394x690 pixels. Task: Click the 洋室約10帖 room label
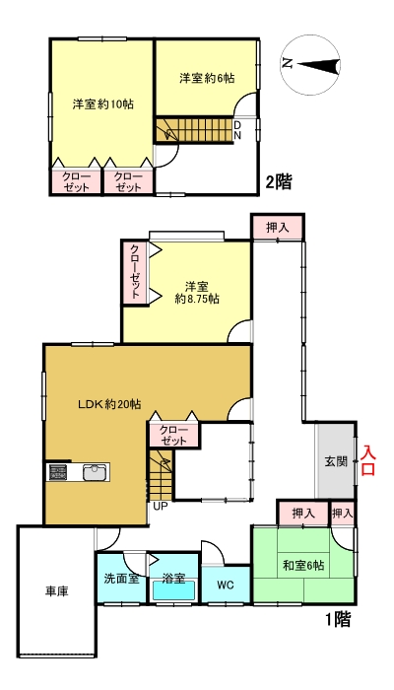(x=101, y=103)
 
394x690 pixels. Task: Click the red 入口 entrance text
(x=368, y=460)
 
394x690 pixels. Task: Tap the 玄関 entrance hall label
(x=335, y=460)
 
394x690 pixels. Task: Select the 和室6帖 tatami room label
(x=301, y=565)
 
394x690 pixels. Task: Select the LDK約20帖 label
(x=109, y=404)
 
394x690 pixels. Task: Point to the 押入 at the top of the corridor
(x=278, y=227)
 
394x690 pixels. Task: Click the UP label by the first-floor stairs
(x=159, y=508)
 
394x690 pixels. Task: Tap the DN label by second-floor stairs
(x=237, y=130)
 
